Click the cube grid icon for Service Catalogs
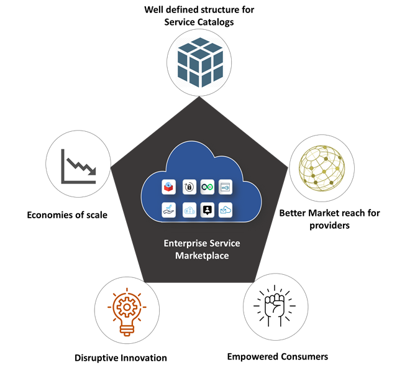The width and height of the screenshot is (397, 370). point(199,59)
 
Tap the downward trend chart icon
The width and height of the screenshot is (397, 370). point(78,166)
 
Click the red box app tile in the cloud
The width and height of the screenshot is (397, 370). point(169,187)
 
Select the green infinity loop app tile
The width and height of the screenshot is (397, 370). point(208,187)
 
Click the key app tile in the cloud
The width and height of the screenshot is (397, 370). point(226,187)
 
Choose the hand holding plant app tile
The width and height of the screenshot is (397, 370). point(169,210)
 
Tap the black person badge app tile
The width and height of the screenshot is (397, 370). point(208,210)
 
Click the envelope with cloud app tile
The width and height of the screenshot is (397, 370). point(226,210)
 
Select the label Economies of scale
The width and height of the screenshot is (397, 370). point(67,215)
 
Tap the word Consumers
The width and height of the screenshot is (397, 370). point(302,356)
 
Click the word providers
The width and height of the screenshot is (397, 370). point(329,226)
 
